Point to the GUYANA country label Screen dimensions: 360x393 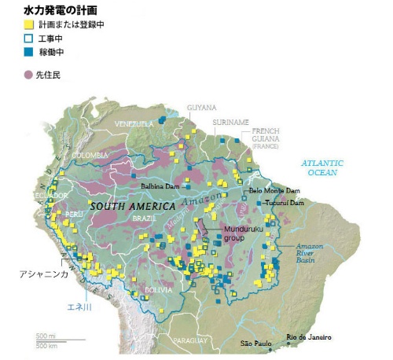coord(200,108)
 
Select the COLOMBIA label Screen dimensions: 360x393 coord(90,156)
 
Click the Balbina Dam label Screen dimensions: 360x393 coord(163,186)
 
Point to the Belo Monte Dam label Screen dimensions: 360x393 coord(274,190)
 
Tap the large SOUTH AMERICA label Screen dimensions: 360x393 coord(131,206)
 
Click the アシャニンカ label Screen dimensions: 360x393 coord(42,274)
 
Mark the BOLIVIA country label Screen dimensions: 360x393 coord(162,291)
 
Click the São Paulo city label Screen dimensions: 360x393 coord(255,343)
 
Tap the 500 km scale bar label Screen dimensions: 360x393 coord(46,343)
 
